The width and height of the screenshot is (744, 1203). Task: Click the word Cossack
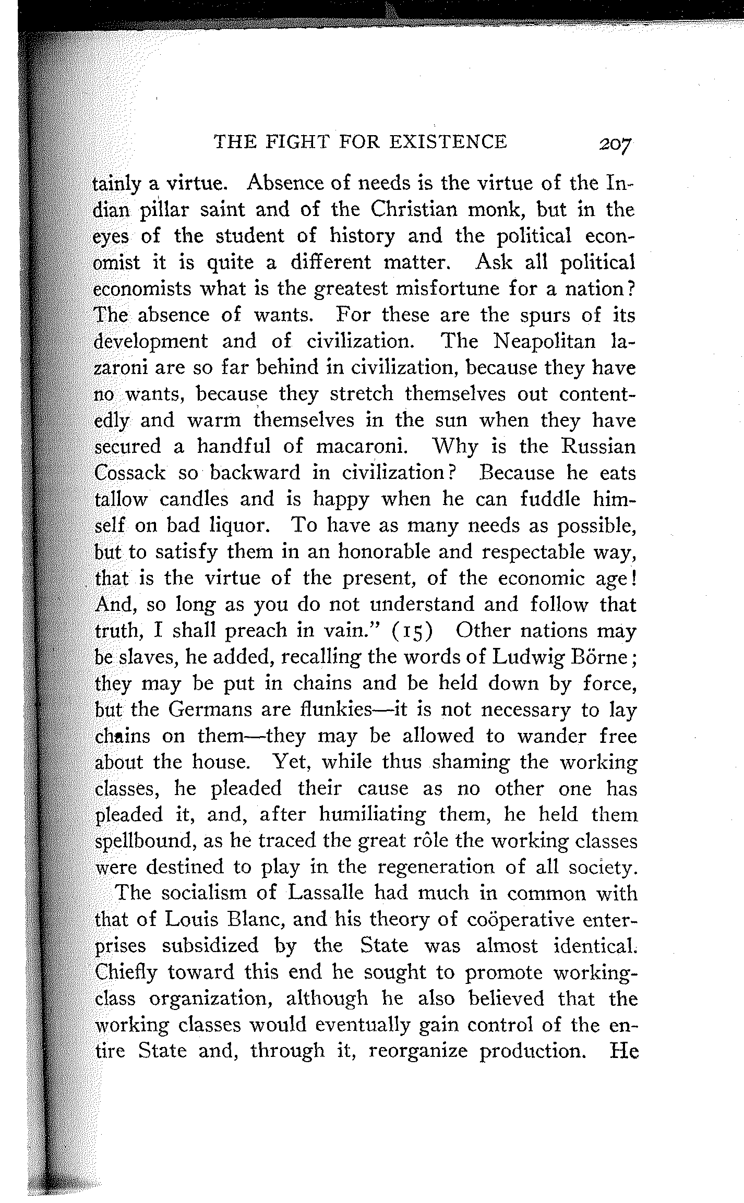[130, 473]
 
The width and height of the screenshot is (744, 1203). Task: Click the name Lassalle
[326, 894]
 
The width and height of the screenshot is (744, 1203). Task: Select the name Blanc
[255, 920]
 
